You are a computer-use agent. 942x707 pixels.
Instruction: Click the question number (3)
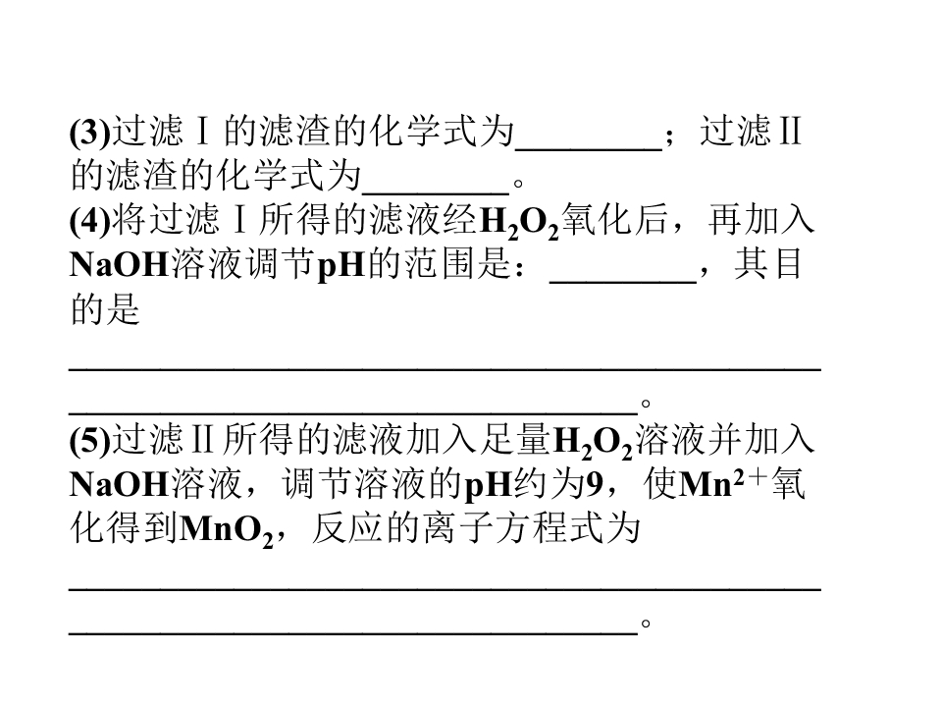(90, 131)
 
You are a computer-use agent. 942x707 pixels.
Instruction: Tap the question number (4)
(90, 220)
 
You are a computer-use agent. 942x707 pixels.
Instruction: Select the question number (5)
(90, 440)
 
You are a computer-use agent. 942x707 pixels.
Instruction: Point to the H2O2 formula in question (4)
(520, 223)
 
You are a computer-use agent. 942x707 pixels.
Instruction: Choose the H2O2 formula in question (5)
(593, 443)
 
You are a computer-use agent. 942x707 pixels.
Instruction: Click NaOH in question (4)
(119, 264)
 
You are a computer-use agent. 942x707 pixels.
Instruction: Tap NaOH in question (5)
(119, 484)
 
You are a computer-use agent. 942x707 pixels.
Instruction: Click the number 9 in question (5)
(594, 484)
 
